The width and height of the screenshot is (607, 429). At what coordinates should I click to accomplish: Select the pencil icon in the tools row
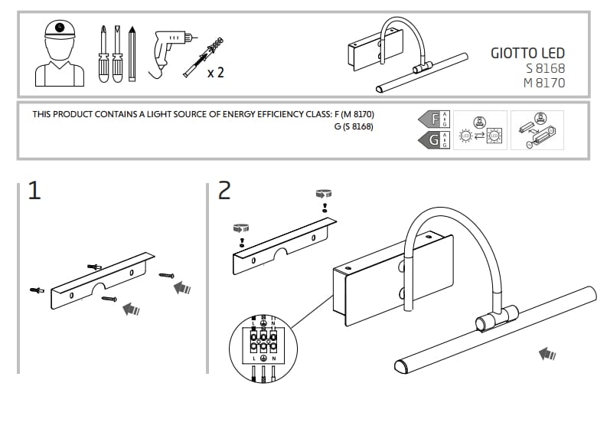[132, 54]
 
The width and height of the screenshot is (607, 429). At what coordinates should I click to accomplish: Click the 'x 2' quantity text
[215, 74]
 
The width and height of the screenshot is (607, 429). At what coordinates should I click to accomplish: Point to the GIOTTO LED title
[527, 53]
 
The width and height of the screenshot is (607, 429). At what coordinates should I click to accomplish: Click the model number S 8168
[545, 68]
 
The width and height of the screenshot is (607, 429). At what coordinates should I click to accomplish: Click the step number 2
[224, 191]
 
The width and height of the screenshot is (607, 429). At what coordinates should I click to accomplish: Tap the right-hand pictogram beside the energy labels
[537, 130]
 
